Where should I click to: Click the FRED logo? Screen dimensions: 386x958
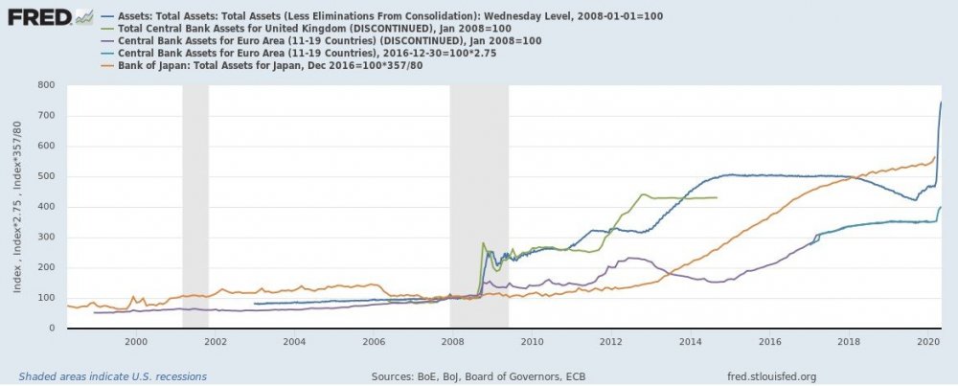pyautogui.click(x=37, y=17)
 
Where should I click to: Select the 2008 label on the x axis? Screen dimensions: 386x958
pyautogui.click(x=452, y=341)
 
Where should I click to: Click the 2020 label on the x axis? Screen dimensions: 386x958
pyautogui.click(x=926, y=341)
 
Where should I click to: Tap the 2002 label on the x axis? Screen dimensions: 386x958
pyautogui.click(x=215, y=341)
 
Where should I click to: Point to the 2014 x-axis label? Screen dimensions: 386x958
pyautogui.click(x=689, y=341)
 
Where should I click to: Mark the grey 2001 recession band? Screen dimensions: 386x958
pyautogui.click(x=195, y=206)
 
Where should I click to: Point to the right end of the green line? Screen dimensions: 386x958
pyautogui.click(x=717, y=197)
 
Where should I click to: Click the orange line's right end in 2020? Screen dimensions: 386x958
pyautogui.click(x=935, y=156)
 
